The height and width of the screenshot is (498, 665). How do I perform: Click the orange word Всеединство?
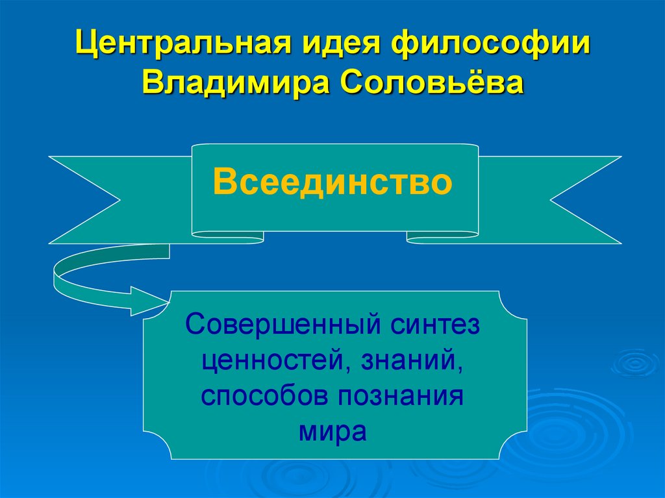coord(332,182)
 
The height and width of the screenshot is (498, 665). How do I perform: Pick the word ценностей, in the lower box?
coord(268,359)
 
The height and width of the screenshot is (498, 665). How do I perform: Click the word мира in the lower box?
coord(333,431)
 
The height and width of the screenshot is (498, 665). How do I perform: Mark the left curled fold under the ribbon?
coord(227,238)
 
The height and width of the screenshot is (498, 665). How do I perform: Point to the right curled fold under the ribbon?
coord(442,238)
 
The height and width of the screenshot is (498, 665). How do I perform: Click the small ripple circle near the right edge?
coord(636,362)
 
